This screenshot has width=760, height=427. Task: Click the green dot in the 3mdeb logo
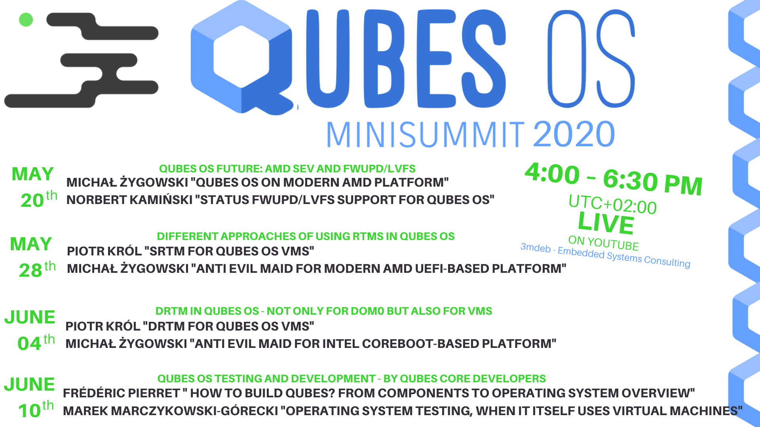coord(26,19)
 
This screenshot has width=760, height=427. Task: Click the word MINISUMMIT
coord(426,135)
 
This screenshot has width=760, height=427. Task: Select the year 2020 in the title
coord(574,134)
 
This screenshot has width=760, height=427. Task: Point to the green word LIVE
coord(606,223)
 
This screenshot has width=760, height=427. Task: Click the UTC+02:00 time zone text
coord(612,204)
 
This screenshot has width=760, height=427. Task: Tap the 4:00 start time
coord(552,174)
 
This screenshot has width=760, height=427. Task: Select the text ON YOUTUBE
coord(603,242)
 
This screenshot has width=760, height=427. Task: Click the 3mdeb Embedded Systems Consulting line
coord(605,255)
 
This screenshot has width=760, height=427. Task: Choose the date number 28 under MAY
coord(30,270)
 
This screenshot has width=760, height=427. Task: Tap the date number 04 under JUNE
coord(29,343)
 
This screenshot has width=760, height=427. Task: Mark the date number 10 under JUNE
coord(29,410)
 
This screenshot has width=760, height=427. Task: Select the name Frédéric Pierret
coord(121,393)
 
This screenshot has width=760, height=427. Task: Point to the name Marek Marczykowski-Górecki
coord(170,411)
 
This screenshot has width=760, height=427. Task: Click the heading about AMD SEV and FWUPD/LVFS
coord(287,169)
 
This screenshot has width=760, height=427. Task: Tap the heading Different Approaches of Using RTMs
coord(306,236)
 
